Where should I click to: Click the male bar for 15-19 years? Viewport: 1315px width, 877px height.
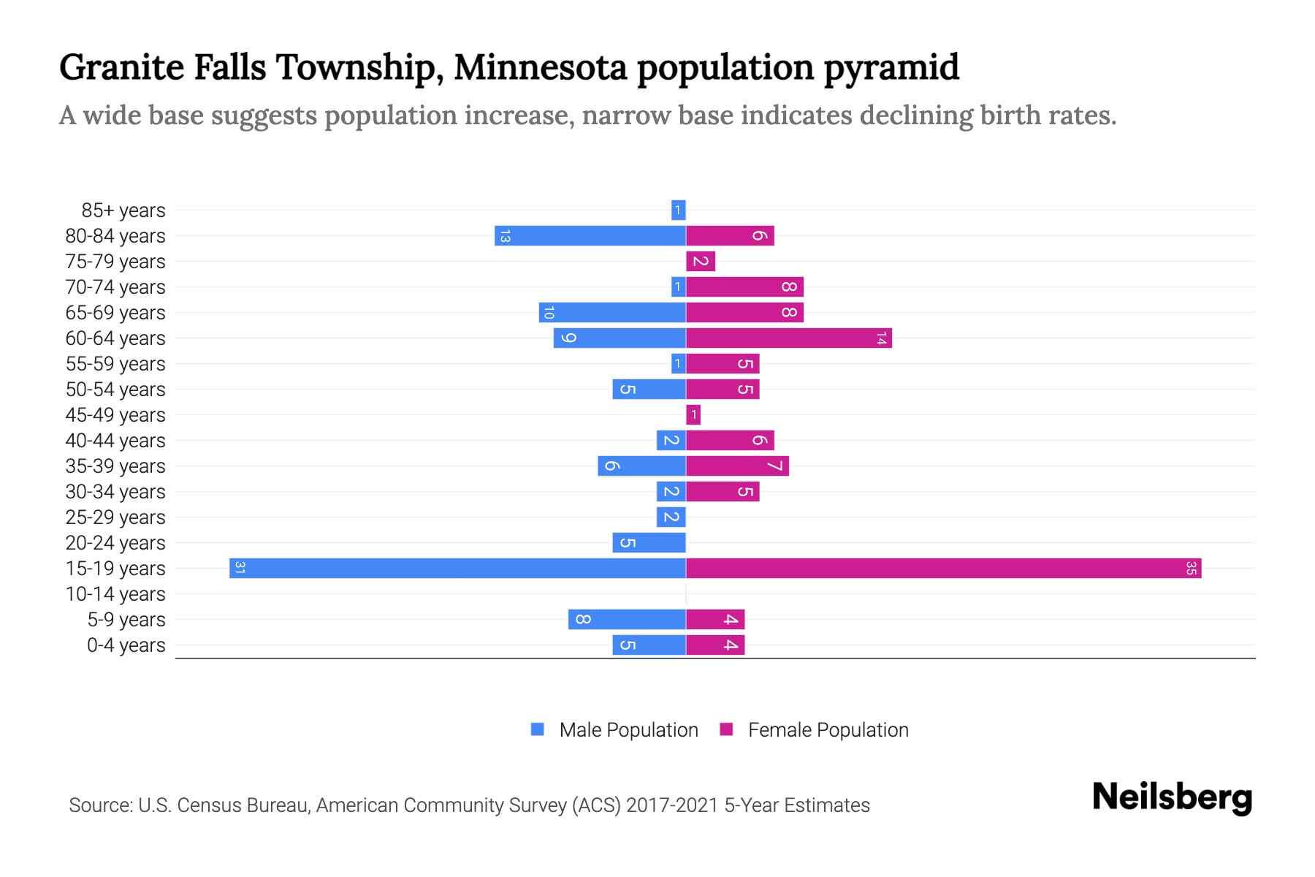coord(457,569)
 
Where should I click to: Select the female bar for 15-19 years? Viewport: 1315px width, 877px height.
coord(943,569)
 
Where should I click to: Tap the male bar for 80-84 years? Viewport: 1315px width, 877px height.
coord(590,236)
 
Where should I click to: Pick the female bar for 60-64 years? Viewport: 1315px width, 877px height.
coord(788,338)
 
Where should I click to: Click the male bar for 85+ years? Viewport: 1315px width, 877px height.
coord(678,210)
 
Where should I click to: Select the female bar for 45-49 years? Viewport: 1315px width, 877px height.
coord(693,415)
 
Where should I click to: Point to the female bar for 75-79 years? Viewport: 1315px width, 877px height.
coord(701,262)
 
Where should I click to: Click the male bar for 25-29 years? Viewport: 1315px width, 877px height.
coord(671,517)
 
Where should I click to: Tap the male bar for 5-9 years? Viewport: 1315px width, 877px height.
coord(627,620)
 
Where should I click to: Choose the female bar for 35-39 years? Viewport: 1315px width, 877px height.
coord(737,466)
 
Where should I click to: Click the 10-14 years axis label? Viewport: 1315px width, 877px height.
coord(115,594)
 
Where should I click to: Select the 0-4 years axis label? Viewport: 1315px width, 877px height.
coord(126,645)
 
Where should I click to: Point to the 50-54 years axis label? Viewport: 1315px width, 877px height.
coord(115,390)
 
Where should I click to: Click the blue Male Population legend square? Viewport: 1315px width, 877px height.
coord(538,729)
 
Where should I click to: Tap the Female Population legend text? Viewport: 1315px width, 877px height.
coord(828,730)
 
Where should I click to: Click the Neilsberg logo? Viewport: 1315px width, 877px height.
coord(1172,798)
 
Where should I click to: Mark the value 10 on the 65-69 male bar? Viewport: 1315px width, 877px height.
coord(549,313)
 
